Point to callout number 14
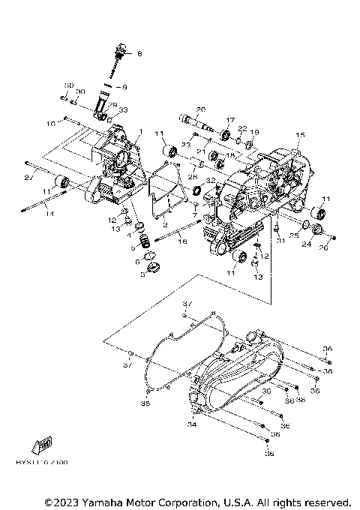[29, 214]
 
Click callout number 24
[306, 243]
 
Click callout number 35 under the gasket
[145, 403]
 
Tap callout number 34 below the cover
[191, 425]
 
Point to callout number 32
[211, 181]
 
